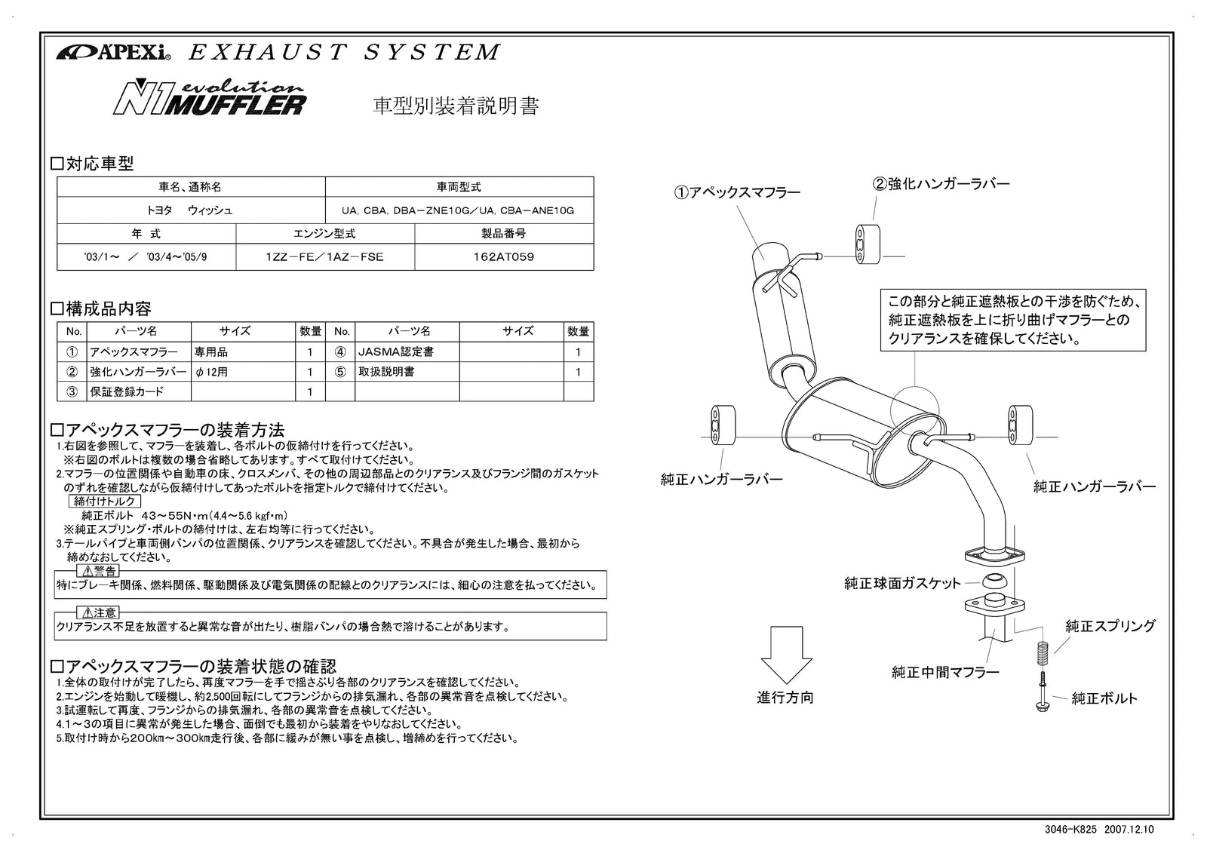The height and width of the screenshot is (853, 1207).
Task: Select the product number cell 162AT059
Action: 503,256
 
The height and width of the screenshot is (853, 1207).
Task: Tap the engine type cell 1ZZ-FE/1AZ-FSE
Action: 324,256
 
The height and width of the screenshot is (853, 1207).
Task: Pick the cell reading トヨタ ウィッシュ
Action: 190,210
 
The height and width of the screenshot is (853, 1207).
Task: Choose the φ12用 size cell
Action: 211,372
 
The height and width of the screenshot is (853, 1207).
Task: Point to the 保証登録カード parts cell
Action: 127,391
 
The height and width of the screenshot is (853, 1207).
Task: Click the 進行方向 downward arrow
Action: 785,653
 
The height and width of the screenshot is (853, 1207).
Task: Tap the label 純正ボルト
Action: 1104,698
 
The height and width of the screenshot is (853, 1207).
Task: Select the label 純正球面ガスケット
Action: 902,583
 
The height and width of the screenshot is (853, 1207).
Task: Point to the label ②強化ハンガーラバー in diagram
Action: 941,183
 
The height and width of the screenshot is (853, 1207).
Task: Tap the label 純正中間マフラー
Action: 944,672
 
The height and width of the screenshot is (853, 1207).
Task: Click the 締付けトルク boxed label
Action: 105,501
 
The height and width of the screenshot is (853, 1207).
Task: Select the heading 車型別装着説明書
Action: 456,106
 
